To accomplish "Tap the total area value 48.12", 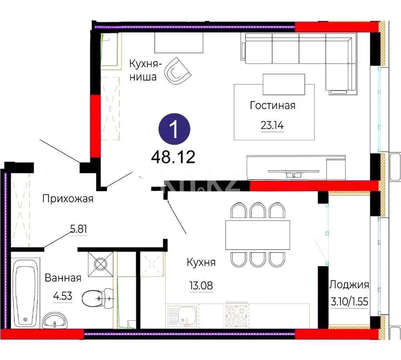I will (x=173, y=157).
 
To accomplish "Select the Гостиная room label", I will (x=273, y=106).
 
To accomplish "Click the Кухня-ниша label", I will (x=144, y=70).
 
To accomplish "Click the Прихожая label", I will (x=68, y=198).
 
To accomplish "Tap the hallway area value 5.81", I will (x=78, y=230).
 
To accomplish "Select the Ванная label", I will (x=63, y=278).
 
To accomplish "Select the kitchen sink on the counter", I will (x=182, y=316).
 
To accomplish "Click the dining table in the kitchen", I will (x=258, y=234).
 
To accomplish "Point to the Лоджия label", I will (x=349, y=285).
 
